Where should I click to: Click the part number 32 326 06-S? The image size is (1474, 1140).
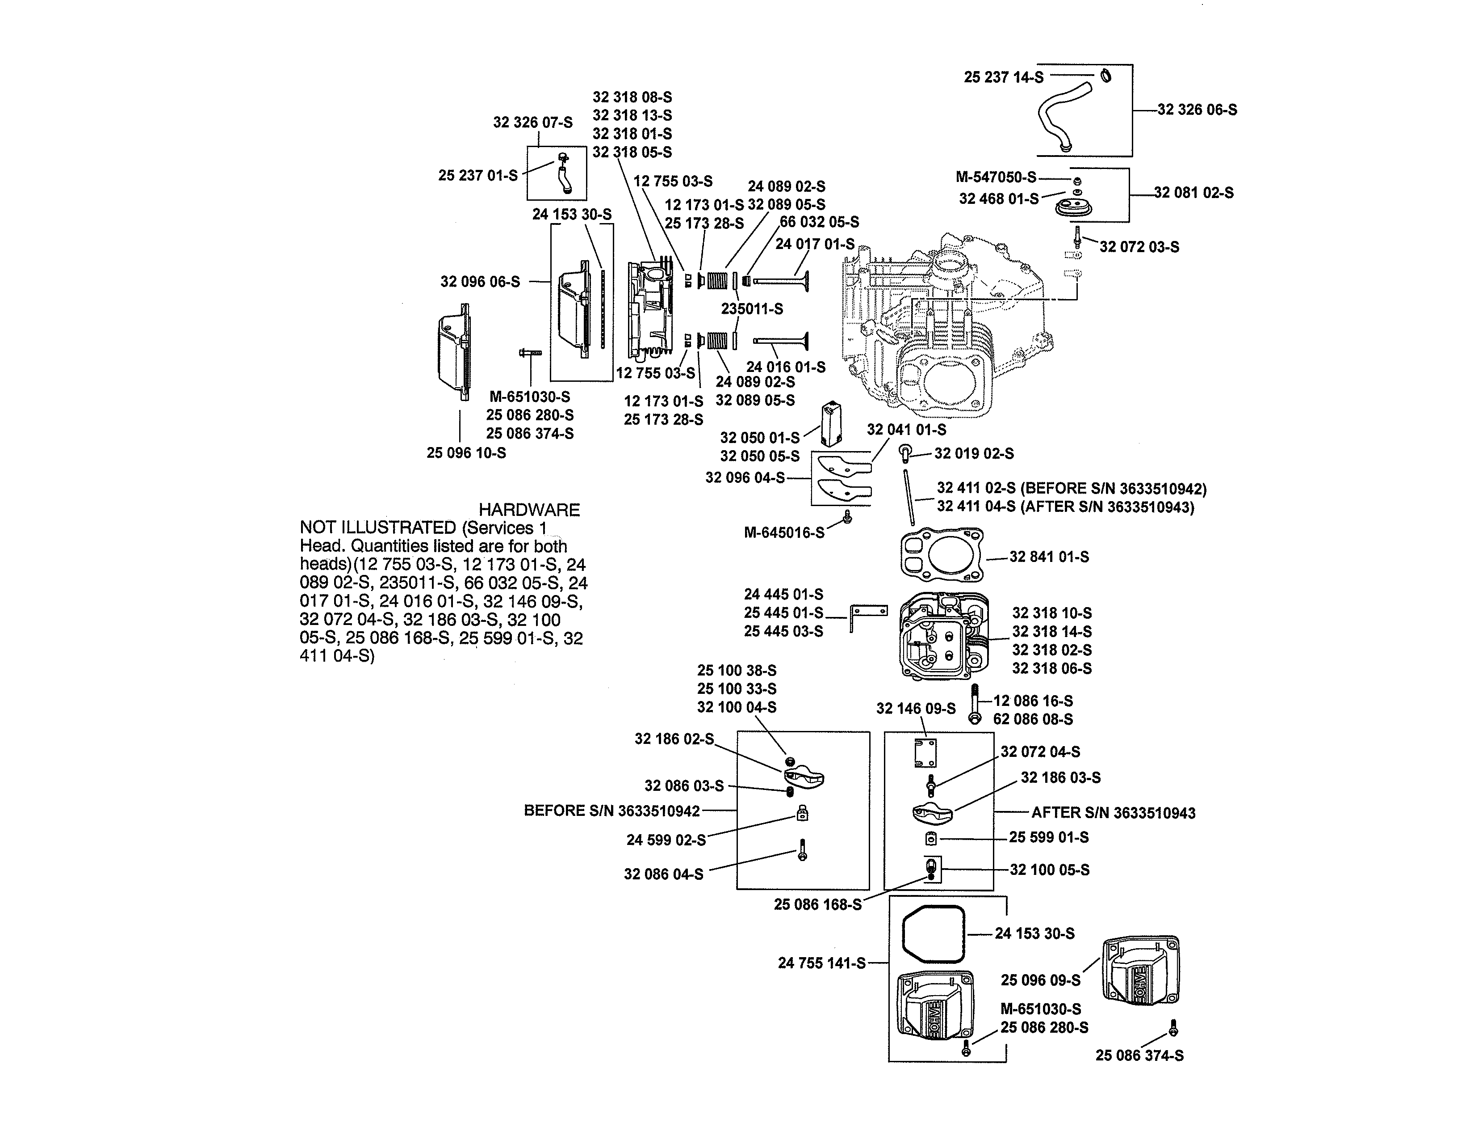tap(1197, 110)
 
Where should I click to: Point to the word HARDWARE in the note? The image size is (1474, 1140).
tap(529, 510)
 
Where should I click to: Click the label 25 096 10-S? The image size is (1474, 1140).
tap(466, 452)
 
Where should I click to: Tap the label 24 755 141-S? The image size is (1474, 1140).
tap(821, 963)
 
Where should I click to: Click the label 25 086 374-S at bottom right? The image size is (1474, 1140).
tap(1139, 1055)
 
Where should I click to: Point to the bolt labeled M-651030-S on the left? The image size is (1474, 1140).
tap(531, 353)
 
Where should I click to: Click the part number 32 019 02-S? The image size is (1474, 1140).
tap(973, 453)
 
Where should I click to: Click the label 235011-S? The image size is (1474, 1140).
tap(752, 308)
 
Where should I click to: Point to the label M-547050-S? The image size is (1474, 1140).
tap(996, 177)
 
